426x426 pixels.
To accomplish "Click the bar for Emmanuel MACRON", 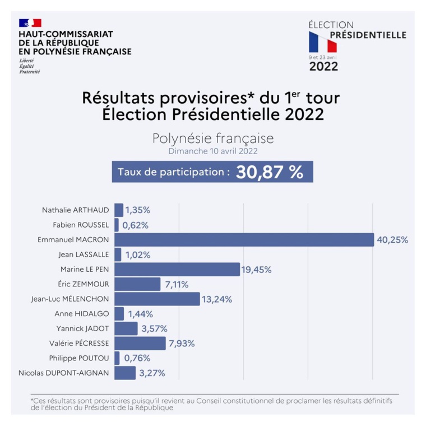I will (x=244, y=240).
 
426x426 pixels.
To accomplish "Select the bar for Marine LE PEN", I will (x=177, y=270).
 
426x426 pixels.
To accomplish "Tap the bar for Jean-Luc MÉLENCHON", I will (x=157, y=299).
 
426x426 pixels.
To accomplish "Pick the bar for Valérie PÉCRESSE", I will (x=140, y=343).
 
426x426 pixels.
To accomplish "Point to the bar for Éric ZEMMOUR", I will (x=137, y=284).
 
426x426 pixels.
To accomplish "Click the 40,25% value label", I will (x=392, y=240).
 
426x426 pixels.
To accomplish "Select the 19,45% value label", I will (x=257, y=270).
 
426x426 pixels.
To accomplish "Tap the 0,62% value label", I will (x=135, y=225).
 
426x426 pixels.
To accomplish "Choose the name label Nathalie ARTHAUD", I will (x=76, y=211).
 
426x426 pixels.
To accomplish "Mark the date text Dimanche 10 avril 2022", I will (x=213, y=151).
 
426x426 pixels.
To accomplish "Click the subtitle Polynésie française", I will (x=213, y=138).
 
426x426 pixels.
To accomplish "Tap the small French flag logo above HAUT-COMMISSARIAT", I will (x=30, y=23).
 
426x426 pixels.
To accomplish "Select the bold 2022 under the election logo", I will (x=324, y=67).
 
